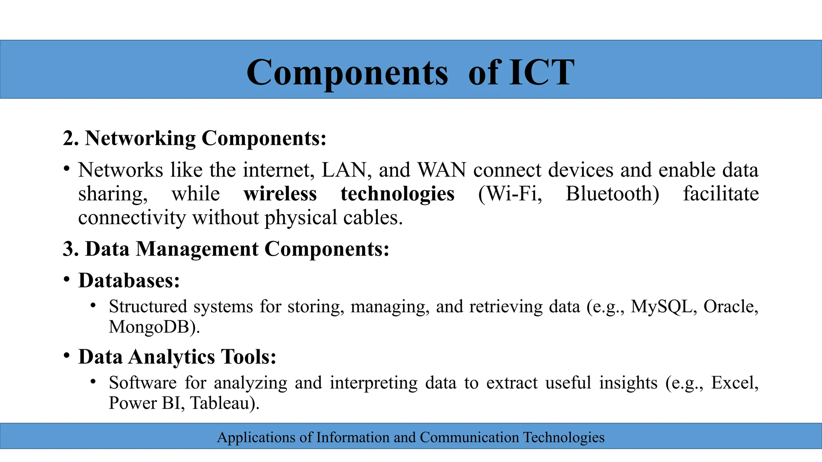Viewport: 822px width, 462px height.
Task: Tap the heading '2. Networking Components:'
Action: point(195,138)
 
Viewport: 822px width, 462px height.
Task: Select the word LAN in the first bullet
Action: point(344,170)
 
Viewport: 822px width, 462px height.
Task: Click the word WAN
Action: point(442,170)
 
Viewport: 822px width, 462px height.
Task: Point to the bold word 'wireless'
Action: point(280,194)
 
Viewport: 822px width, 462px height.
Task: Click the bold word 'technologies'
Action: point(397,194)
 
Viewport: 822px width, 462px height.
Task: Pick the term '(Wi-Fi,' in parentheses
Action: point(510,194)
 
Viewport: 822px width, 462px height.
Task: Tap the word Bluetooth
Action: point(612,194)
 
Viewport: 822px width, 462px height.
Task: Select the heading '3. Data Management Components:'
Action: point(226,249)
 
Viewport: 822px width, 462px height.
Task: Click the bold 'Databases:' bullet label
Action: point(129,280)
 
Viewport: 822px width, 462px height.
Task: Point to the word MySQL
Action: point(661,306)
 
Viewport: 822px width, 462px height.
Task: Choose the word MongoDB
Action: point(149,327)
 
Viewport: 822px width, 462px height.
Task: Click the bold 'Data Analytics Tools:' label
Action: point(177,357)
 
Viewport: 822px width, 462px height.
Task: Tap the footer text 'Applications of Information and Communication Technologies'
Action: point(411,437)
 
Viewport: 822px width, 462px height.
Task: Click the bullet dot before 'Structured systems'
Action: point(93,306)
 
